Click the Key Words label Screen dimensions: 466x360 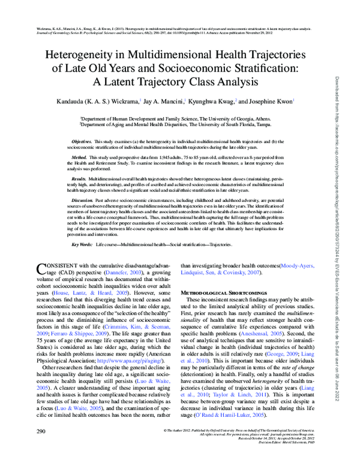pos(82,246)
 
